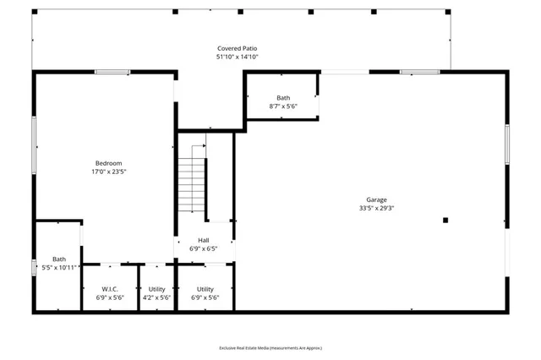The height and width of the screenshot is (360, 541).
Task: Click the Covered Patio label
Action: click(x=237, y=49)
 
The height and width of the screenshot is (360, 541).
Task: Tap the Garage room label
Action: click(x=376, y=199)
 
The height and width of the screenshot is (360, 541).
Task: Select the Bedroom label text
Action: click(x=108, y=163)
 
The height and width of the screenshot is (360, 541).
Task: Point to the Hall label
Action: click(x=203, y=241)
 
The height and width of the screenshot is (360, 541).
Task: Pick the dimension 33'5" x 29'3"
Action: click(x=376, y=208)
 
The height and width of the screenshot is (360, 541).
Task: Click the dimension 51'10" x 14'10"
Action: click(x=237, y=57)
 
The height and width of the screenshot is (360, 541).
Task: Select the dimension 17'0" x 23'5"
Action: click(x=108, y=172)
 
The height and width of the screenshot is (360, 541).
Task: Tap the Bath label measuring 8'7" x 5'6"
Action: click(x=282, y=98)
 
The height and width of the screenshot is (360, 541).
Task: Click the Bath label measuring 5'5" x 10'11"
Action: click(x=59, y=259)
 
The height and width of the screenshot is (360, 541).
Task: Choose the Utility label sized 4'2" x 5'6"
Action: click(x=156, y=289)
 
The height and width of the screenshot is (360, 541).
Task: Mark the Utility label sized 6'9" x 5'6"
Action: click(x=205, y=289)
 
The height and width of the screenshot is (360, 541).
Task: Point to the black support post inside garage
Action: click(x=445, y=221)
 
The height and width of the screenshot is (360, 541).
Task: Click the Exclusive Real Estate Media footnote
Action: click(x=270, y=347)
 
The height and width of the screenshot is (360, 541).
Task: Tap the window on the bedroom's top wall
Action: click(x=112, y=72)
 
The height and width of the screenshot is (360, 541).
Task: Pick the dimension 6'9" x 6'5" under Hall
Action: click(x=203, y=249)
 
